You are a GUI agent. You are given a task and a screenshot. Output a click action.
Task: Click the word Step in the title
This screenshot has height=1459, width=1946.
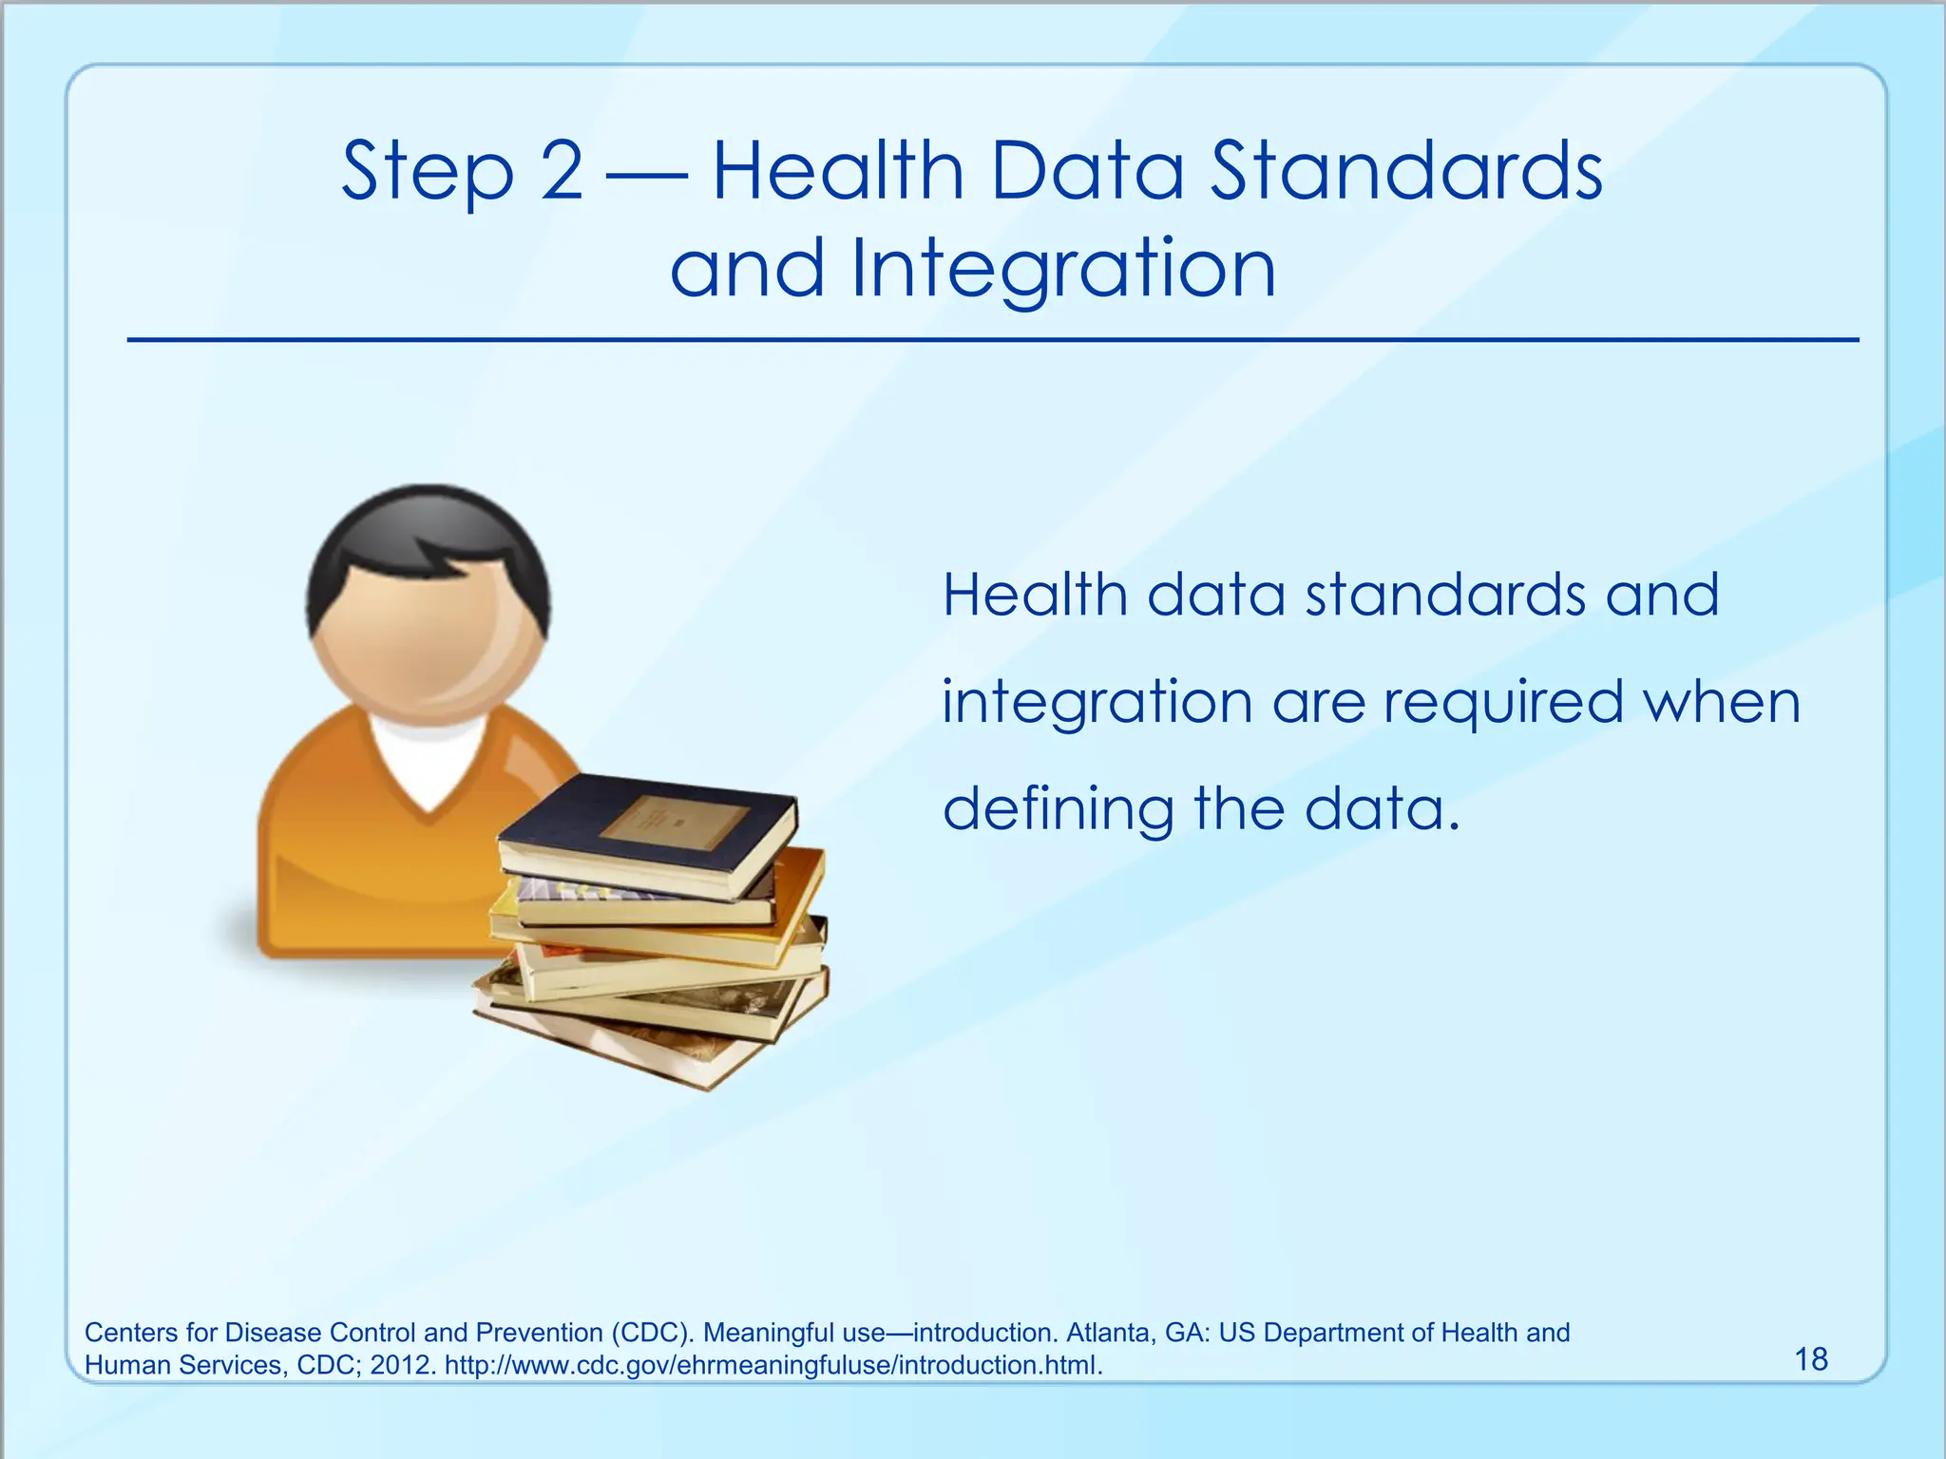point(427,173)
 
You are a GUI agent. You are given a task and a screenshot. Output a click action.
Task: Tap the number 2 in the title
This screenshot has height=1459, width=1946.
point(562,171)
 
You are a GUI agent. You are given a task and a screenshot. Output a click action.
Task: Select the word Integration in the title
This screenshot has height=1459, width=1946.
point(1063,270)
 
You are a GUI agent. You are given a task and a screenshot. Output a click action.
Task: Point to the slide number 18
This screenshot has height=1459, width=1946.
point(1811,1359)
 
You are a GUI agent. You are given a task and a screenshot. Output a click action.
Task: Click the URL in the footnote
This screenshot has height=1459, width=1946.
point(773,1366)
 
